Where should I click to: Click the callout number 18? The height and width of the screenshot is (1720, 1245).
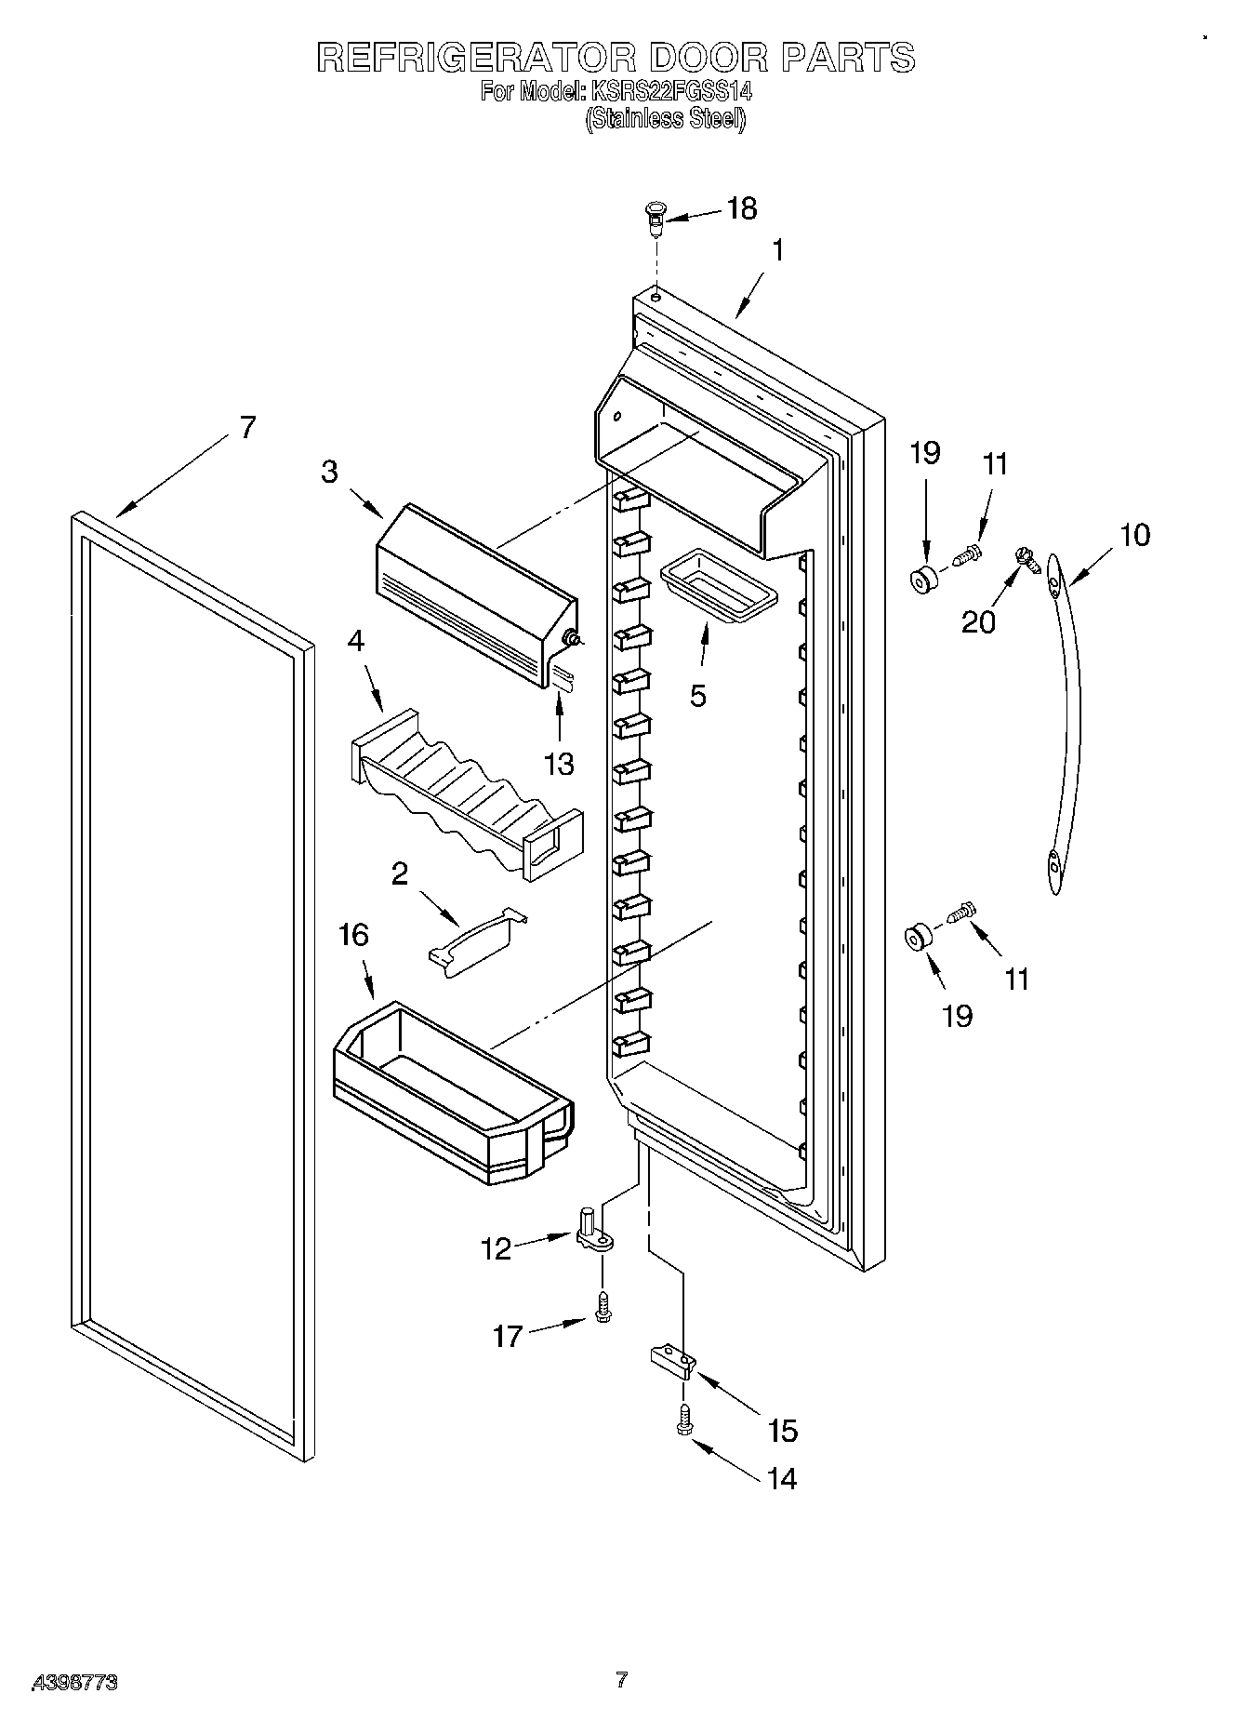(x=741, y=208)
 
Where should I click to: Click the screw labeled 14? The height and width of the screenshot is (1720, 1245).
(x=685, y=1420)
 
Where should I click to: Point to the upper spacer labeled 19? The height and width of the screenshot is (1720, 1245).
(x=924, y=579)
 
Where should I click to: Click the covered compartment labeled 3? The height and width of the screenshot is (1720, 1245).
(x=475, y=595)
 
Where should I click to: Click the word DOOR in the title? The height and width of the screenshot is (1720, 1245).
(x=709, y=58)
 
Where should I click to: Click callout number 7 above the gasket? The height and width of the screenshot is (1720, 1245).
(x=246, y=428)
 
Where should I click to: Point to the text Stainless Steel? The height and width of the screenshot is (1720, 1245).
(x=665, y=119)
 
